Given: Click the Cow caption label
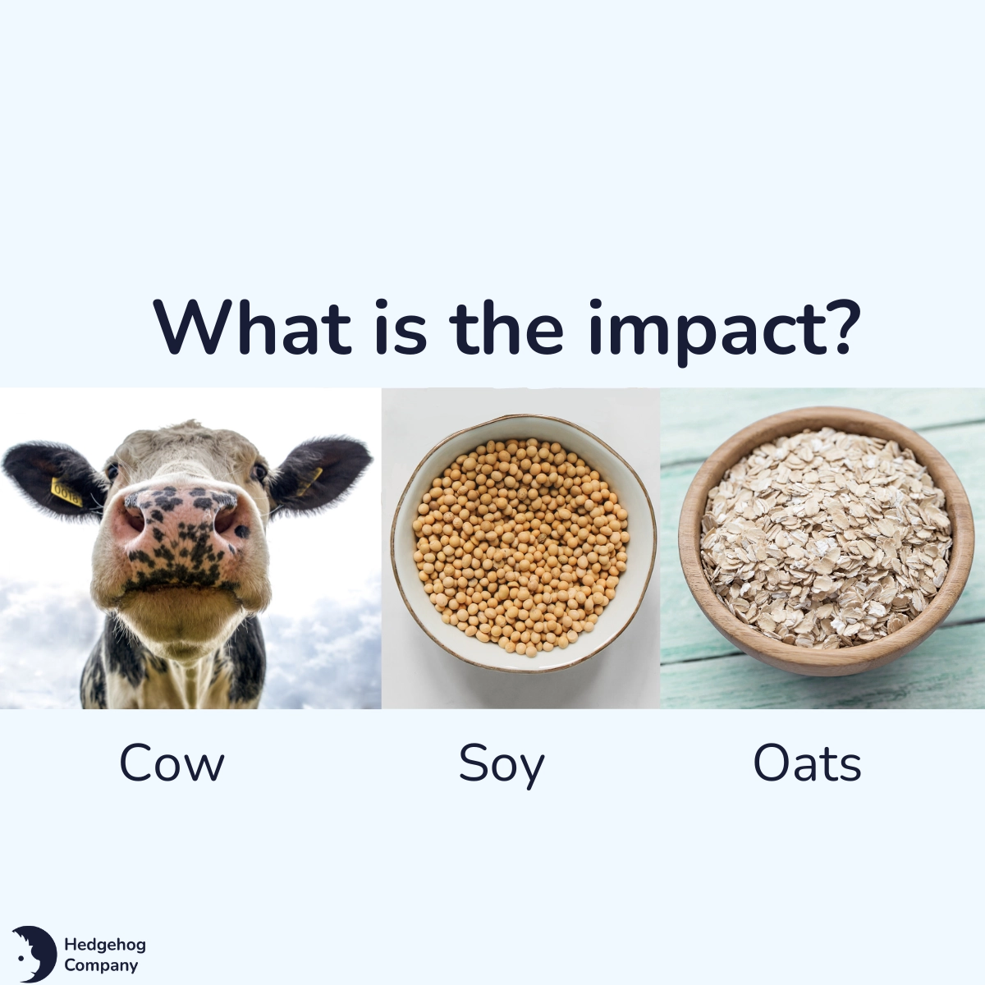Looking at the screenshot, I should (x=172, y=763).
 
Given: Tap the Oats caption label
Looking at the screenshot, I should (x=807, y=763).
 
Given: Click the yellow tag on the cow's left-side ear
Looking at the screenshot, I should (x=66, y=492).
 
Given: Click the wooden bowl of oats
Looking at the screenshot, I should (x=821, y=657).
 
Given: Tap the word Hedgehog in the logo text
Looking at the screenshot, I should (x=104, y=945).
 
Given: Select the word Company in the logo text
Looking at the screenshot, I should (x=101, y=965).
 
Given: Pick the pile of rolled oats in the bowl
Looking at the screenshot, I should (x=825, y=534).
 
